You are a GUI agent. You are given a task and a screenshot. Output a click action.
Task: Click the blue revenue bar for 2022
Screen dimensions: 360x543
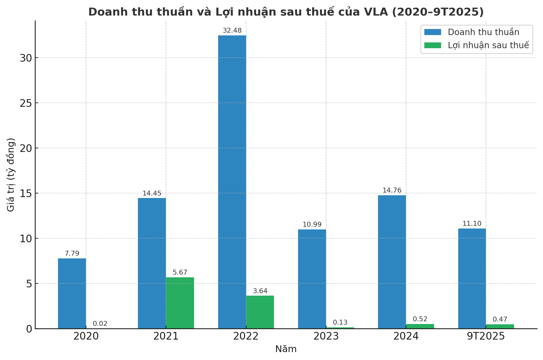[x=232, y=182]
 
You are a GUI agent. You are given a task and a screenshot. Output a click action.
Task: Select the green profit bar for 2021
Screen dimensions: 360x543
[x=180, y=303]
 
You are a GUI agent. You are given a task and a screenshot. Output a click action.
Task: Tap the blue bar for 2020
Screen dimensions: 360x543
[x=72, y=293]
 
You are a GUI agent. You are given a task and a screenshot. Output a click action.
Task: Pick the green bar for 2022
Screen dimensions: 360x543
[x=260, y=312]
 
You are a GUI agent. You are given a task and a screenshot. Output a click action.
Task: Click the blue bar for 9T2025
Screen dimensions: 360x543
[x=472, y=278]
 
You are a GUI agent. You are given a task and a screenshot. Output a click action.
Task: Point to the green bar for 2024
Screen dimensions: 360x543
[x=420, y=326]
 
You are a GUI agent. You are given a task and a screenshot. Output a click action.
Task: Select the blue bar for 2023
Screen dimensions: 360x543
[x=312, y=279]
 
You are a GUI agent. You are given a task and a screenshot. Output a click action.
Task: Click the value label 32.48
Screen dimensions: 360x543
[x=232, y=31]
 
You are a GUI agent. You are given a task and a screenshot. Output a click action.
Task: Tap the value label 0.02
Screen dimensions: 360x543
[x=100, y=324]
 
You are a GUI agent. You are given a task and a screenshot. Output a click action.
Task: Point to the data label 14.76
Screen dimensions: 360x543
[x=392, y=190]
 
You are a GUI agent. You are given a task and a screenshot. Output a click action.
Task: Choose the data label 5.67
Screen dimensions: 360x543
[x=180, y=272]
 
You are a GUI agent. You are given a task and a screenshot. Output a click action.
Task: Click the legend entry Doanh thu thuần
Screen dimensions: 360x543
[x=483, y=32]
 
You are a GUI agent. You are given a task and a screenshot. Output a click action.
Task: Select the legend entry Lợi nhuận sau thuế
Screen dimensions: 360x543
[x=488, y=45]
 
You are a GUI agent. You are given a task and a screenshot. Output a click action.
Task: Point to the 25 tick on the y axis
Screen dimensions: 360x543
[x=26, y=103]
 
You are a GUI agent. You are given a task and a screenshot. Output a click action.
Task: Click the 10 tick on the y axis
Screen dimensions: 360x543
[x=26, y=239]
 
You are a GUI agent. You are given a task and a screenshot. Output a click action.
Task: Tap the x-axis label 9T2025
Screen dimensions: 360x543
[x=486, y=336]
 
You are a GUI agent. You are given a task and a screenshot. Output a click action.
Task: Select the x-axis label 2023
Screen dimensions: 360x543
[x=326, y=336]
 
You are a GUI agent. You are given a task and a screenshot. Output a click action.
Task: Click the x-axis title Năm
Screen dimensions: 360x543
[x=286, y=349]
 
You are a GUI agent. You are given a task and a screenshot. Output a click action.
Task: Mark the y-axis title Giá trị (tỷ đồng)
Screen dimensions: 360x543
[x=11, y=175]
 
